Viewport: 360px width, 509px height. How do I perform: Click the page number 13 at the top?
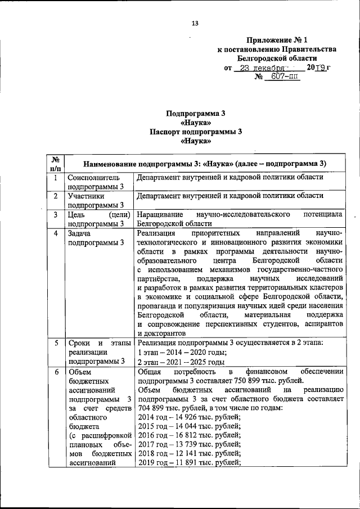point(195,23)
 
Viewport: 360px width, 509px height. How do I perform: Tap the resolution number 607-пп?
point(284,76)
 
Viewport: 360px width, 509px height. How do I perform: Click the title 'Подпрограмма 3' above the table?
point(196,113)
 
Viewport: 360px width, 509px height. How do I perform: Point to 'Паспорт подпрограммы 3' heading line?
point(196,132)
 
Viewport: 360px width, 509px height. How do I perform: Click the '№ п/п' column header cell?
point(56,163)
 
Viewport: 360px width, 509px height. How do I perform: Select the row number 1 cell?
point(56,178)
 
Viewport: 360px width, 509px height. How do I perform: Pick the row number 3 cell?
point(56,214)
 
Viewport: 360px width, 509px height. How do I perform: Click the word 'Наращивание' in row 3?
point(162,214)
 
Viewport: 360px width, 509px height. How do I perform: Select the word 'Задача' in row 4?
point(80,233)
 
